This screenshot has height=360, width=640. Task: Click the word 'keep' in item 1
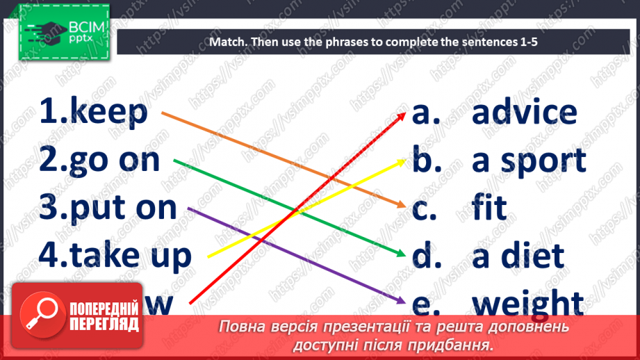pyautogui.click(x=109, y=112)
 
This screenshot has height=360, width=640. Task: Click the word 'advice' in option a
pyautogui.click(x=524, y=113)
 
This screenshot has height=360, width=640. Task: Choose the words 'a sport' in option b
pyautogui.click(x=529, y=161)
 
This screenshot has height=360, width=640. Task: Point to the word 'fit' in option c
pyautogui.click(x=489, y=208)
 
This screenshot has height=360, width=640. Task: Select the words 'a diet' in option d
pyautogui.click(x=517, y=256)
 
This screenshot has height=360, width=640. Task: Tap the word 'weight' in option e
pyautogui.click(x=527, y=304)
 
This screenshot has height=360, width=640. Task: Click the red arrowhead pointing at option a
pyautogui.click(x=402, y=115)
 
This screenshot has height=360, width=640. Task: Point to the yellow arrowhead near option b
pyautogui.click(x=402, y=161)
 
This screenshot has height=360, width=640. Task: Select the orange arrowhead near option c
pyautogui.click(x=402, y=205)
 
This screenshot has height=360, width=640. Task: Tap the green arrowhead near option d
pyautogui.click(x=402, y=254)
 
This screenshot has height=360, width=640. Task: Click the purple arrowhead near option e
pyautogui.click(x=402, y=300)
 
